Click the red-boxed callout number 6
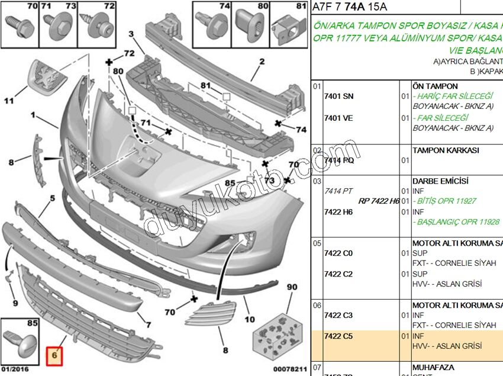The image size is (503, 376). pyautogui.click(x=54, y=356)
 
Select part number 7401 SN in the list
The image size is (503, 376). pyautogui.click(x=338, y=96)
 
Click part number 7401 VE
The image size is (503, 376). pyautogui.click(x=338, y=118)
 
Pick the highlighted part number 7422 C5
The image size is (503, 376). pyautogui.click(x=338, y=336)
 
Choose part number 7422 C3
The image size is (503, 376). pyautogui.click(x=338, y=316)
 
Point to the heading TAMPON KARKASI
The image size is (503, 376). pyautogui.click(x=446, y=150)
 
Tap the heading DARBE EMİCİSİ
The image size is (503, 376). pyautogui.click(x=440, y=181)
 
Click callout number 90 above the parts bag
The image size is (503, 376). pyautogui.click(x=292, y=287)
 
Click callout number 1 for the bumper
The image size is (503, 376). pyautogui.click(x=33, y=114)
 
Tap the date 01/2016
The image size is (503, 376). pyautogui.click(x=15, y=369)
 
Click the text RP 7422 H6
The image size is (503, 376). pyautogui.click(x=378, y=201)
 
